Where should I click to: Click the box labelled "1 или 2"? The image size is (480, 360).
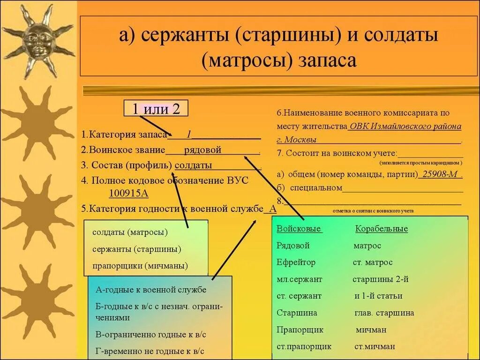pos(155,109)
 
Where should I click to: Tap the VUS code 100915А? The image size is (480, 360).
pos(129,193)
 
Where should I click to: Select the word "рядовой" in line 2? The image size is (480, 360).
pos(202,150)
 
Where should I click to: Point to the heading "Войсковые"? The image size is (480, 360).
pos(299,229)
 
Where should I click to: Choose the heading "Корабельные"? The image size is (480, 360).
pos(382,229)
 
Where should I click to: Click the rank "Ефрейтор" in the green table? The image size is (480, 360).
pos(296,262)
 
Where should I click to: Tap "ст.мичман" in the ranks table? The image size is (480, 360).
pos(375,347)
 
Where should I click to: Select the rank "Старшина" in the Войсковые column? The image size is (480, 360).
pos(297,313)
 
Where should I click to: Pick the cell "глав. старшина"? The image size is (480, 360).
pos(384,313)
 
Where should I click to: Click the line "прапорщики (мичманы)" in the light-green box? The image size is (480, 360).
pos(140,266)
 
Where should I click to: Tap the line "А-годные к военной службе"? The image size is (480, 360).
pos(150,290)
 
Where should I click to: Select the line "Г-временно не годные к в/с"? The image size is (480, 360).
pos(150,351)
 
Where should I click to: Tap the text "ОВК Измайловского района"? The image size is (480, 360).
pos(405,127)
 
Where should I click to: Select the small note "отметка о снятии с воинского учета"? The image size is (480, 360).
pos(373,211)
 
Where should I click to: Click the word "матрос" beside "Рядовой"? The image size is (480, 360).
pos(367,246)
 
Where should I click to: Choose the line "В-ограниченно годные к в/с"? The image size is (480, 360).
pos(150,335)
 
